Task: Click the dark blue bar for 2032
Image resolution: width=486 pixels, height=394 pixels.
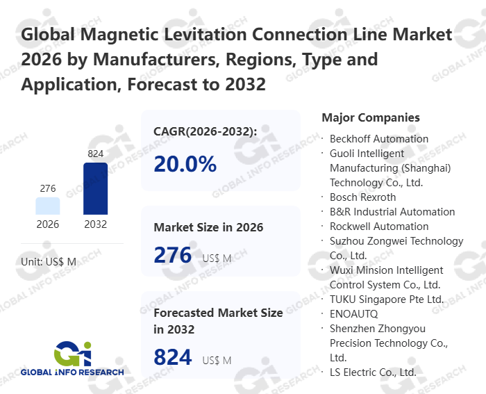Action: (95, 188)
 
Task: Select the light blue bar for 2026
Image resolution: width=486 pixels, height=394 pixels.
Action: (48, 206)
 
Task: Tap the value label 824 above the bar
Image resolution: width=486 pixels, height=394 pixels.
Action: (95, 153)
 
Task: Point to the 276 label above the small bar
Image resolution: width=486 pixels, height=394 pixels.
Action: (48, 188)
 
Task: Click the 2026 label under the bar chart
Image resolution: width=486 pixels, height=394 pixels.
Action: (48, 224)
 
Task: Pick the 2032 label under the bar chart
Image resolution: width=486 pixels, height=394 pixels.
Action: (95, 224)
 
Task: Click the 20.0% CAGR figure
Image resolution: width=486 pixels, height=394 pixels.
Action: (185, 164)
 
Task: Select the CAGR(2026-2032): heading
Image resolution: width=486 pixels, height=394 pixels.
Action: (205, 131)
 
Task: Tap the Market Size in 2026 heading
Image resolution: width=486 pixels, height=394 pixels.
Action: (208, 227)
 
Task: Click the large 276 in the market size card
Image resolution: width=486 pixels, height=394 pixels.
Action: (172, 256)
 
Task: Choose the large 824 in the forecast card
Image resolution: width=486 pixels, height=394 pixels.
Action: (172, 357)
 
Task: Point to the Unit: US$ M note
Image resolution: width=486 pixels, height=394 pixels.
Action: (49, 261)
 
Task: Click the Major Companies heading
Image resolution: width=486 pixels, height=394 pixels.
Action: (371, 118)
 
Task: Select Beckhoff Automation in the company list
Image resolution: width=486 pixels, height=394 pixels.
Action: (379, 139)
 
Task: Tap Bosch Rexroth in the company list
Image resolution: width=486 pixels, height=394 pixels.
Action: (362, 197)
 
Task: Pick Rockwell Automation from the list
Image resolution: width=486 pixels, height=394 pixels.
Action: (379, 227)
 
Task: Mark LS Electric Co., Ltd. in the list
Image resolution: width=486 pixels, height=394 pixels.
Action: (373, 372)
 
